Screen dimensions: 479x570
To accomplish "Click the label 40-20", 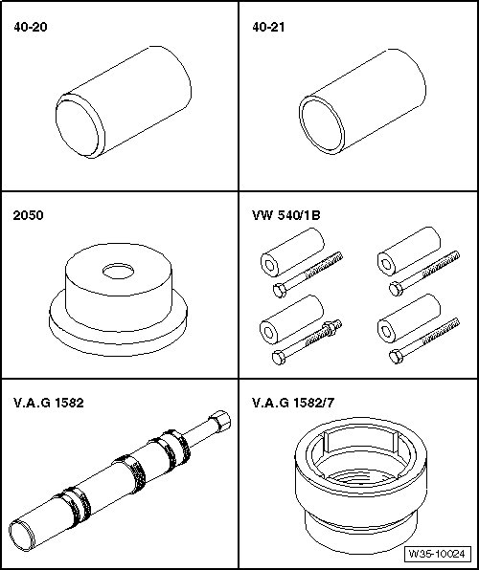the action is click(x=31, y=27).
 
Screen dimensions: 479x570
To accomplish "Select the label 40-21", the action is click(x=268, y=27).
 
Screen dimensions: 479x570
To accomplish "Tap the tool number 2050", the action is click(x=28, y=215).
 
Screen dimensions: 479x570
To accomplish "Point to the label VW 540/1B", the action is click(x=286, y=215).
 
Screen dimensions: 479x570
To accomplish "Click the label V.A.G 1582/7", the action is click(x=293, y=403).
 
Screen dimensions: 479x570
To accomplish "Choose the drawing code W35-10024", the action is click(x=437, y=554).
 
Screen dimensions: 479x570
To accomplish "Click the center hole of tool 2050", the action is click(x=118, y=272).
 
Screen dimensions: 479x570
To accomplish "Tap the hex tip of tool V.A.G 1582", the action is click(x=220, y=422).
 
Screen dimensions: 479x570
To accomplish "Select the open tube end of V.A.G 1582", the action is click(x=22, y=536).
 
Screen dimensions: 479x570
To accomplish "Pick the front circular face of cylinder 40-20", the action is click(x=78, y=126).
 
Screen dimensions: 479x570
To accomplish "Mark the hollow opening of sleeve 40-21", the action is click(x=322, y=125).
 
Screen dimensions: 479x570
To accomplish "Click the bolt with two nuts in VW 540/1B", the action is click(x=307, y=341).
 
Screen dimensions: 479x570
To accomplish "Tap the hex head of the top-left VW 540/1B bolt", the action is click(x=280, y=291).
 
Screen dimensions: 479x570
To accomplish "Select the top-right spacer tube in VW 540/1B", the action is click(x=409, y=252).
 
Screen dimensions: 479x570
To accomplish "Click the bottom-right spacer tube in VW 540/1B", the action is click(x=409, y=318).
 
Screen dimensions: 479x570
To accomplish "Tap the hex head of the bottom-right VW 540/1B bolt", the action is click(x=396, y=357).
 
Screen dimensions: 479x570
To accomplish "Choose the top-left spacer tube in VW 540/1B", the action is click(x=292, y=252).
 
